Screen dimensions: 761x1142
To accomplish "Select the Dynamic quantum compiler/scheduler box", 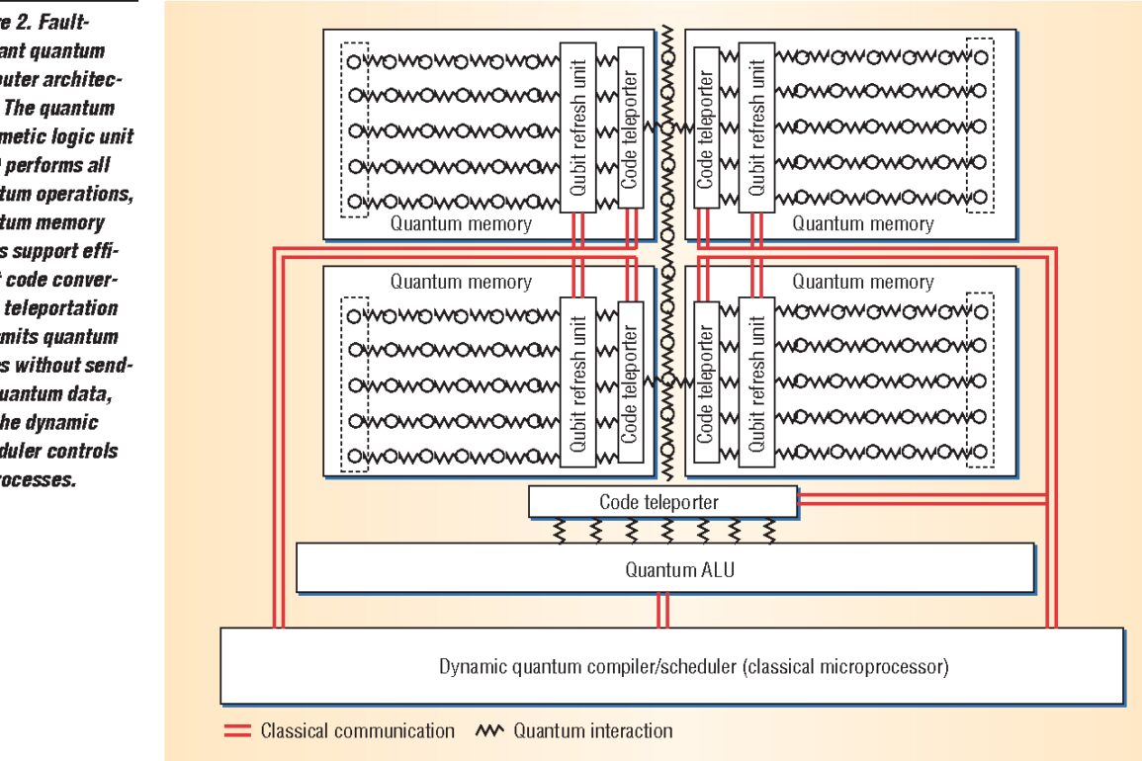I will [693, 665].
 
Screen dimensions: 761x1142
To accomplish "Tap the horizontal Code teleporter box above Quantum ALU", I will [661, 502].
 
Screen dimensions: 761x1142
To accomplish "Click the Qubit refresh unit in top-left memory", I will [578, 126].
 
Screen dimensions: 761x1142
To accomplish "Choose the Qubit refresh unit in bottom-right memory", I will [756, 383].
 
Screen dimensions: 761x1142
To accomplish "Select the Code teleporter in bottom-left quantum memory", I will [631, 383].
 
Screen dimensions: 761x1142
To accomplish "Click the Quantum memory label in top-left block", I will [461, 223].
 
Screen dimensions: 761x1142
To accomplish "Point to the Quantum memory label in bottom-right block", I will [862, 282].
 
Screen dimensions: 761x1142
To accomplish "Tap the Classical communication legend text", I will [357, 731].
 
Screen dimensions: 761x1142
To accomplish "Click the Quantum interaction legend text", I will [592, 731].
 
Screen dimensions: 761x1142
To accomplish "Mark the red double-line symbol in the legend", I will [237, 731].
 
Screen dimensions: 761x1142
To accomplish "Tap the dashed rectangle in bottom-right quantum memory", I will [979, 383].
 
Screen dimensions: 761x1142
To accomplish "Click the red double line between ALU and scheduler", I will [663, 609].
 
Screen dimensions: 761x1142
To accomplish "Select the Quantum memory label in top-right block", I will [862, 223].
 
